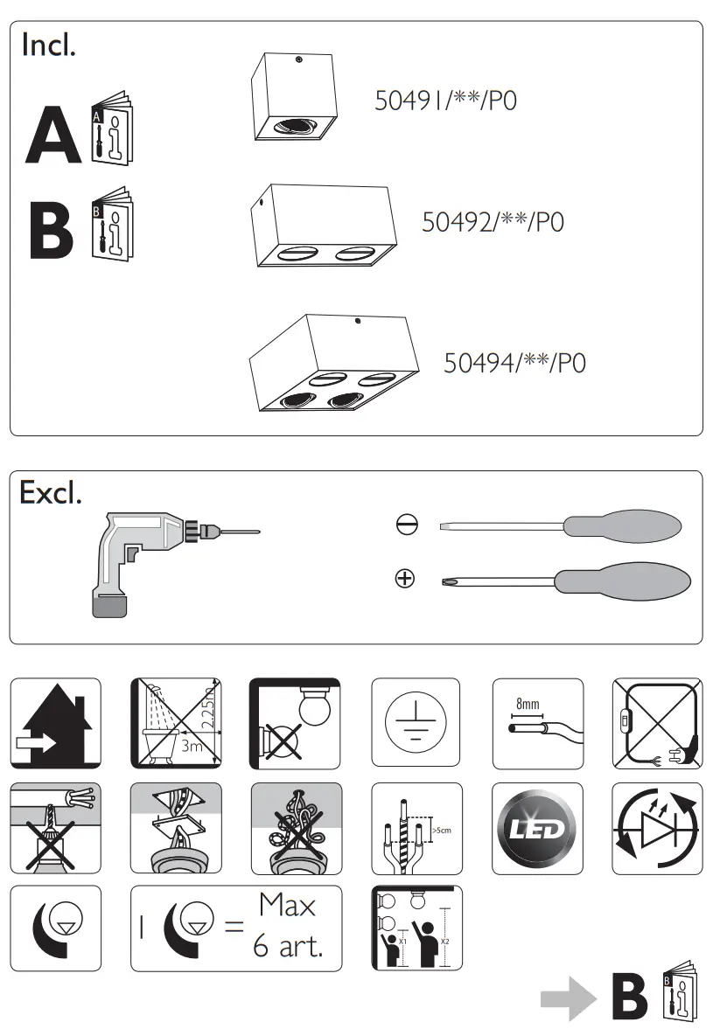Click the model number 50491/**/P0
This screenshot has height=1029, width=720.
pos(445,101)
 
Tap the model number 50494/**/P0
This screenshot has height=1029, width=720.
pos(514,362)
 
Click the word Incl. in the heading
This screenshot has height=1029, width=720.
pos(49,45)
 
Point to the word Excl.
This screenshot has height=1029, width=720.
pos(51,493)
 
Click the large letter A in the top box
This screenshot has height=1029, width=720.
pos(52,136)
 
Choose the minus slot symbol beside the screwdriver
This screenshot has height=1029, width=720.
pos(406,525)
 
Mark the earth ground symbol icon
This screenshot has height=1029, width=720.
pos(416,722)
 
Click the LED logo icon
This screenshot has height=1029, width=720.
pos(537,828)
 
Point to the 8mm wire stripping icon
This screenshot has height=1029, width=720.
pos(537,722)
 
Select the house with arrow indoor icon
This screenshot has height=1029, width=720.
pos(55,722)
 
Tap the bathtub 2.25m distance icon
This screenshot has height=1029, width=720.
pos(176,722)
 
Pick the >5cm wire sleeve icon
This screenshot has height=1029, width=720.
pos(416,828)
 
